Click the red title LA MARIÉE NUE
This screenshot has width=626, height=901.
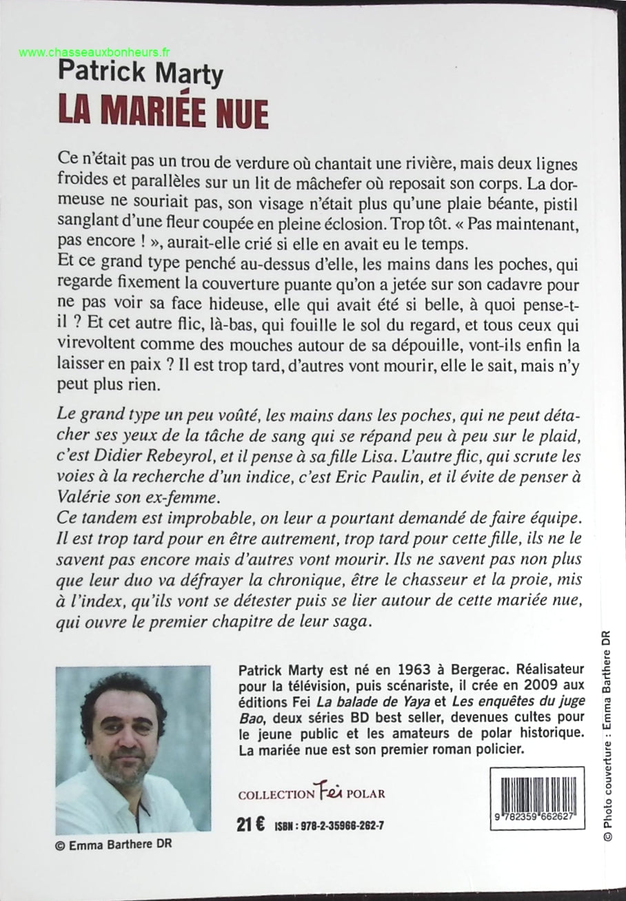point(163,112)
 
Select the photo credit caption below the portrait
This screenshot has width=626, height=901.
point(113,847)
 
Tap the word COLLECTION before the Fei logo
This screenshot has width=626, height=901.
point(276,794)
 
